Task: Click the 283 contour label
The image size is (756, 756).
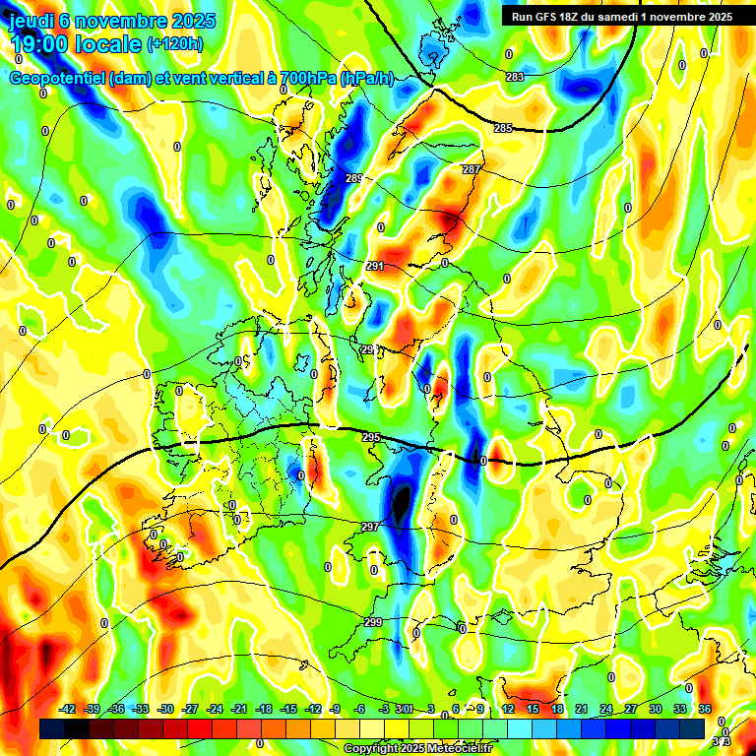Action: (x=515, y=77)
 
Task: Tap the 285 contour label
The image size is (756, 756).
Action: (x=503, y=128)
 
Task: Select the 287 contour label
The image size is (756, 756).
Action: (x=471, y=169)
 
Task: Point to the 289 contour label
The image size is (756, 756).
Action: (x=354, y=178)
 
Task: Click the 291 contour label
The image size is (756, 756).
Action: (x=374, y=266)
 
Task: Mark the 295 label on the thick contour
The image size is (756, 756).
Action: (x=371, y=437)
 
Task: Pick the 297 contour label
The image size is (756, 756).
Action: (x=370, y=528)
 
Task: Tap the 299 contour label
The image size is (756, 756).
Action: (x=373, y=622)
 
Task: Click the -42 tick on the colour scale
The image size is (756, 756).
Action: (x=68, y=709)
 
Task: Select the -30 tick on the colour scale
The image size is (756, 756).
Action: (x=165, y=709)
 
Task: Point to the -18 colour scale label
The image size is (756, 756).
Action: (x=264, y=709)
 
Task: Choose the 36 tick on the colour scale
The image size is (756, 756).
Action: (x=705, y=709)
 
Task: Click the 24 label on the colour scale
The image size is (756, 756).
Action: (x=606, y=709)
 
